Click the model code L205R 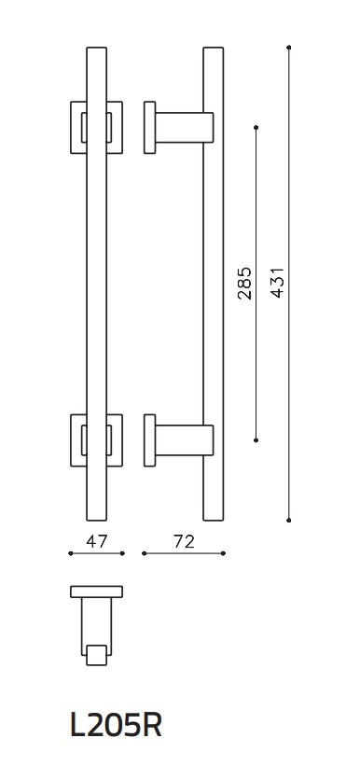coord(117,725)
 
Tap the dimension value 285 coord(244,282)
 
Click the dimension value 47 coord(96,539)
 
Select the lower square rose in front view coord(96,437)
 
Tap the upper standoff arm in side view coord(183,127)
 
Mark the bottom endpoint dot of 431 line coord(290,519)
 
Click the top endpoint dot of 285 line coord(256,126)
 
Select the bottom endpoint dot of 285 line coord(256,438)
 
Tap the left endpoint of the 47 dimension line coord(71,553)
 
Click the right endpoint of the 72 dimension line coord(224,553)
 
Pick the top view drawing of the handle coord(96,625)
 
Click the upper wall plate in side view coord(148,127)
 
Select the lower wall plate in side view coord(148,438)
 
